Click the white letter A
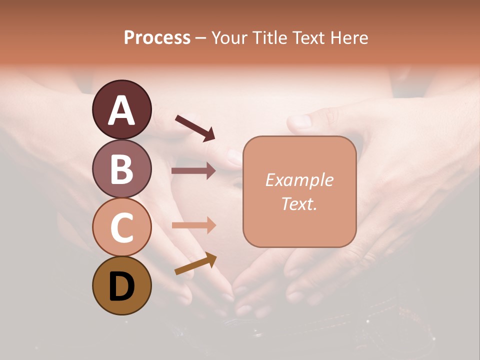121,111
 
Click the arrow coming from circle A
195,127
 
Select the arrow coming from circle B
193,171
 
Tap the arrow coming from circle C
193,225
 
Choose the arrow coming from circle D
195,263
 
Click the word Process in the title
157,37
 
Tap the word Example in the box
299,180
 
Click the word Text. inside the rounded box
299,203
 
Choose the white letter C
121,228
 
